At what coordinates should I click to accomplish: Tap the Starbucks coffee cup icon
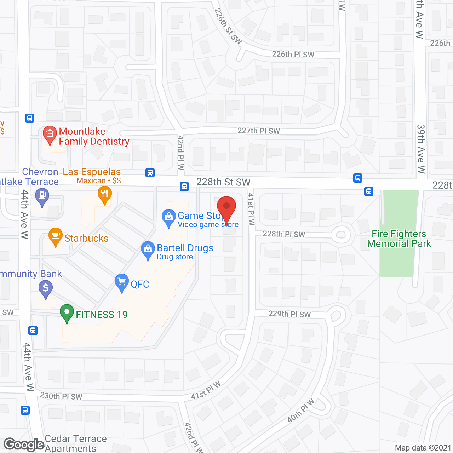pos(56,236)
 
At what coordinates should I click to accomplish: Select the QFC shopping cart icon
pos(122,282)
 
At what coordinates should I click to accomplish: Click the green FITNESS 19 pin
pos(67,312)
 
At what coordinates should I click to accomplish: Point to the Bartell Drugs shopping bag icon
pos(148,250)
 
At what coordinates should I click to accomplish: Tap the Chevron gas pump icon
pos(42,196)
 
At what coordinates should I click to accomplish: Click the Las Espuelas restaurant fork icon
pos(104,195)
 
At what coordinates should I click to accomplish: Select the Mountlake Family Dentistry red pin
pos(50,135)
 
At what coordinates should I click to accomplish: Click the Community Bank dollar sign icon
pos(46,288)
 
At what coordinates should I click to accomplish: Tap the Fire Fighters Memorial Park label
pos(399,239)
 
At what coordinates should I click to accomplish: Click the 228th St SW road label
pos(223,182)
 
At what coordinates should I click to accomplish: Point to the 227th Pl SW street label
pos(258,131)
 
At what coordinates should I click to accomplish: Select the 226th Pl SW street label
pos(293,54)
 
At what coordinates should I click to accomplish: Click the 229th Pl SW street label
pos(289,314)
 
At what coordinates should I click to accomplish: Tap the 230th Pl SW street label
pos(61,396)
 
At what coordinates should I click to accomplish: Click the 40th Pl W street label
pos(301,410)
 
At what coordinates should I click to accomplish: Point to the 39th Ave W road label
pos(421,149)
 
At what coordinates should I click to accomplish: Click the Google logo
pos(24,445)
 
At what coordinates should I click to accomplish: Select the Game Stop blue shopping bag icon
pos(169,217)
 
